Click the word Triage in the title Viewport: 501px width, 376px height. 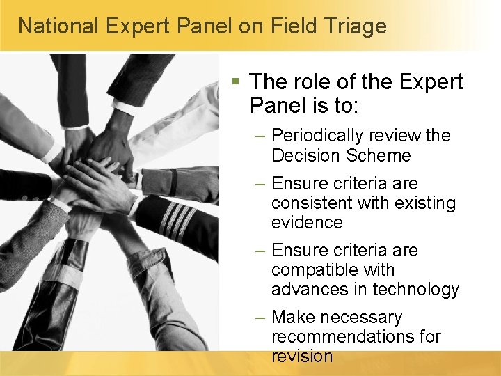click(x=353, y=26)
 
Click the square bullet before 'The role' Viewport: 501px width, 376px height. click(x=237, y=82)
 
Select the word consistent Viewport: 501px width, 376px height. click(x=311, y=203)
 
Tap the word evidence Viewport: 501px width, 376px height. click(x=307, y=223)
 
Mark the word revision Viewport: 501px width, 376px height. click(x=302, y=357)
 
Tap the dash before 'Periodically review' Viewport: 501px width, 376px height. click(x=260, y=136)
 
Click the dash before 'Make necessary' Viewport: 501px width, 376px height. click(x=260, y=318)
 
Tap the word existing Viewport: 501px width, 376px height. click(x=423, y=203)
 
